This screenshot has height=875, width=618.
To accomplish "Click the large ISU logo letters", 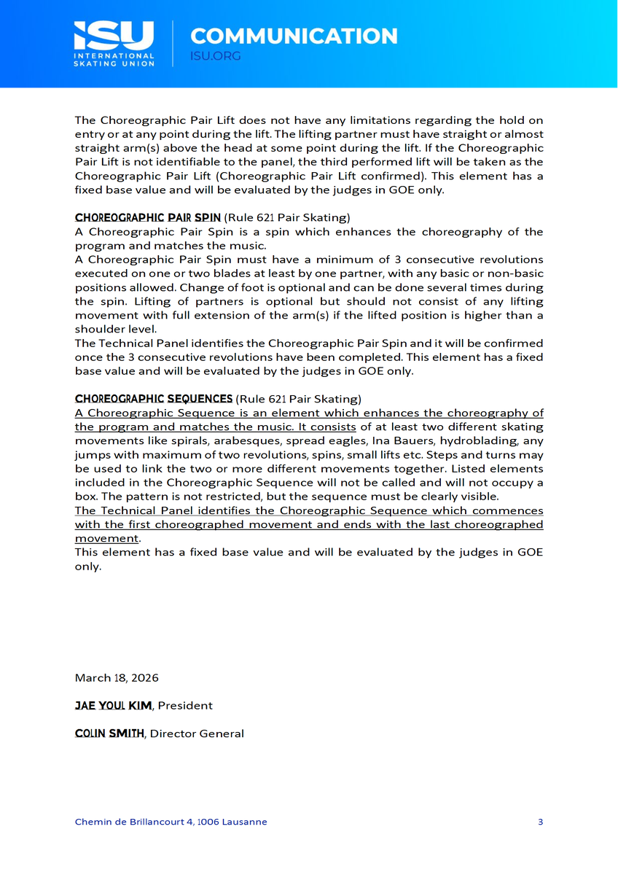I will [x=114, y=34].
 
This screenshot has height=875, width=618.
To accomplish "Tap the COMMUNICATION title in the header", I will [x=294, y=36].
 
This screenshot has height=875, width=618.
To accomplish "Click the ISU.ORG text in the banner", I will [x=215, y=56].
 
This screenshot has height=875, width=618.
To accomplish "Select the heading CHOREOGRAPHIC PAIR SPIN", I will [x=147, y=217].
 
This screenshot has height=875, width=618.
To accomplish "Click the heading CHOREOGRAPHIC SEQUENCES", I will [x=154, y=399].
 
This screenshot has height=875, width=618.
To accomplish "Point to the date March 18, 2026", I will [x=117, y=677].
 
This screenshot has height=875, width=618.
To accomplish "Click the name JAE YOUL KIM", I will [x=113, y=705].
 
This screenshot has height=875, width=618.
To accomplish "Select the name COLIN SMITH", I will [x=109, y=733].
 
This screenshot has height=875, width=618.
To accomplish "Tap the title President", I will [x=185, y=705].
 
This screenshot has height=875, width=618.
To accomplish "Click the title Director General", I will [x=197, y=733].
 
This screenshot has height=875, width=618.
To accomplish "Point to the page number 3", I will [x=540, y=822].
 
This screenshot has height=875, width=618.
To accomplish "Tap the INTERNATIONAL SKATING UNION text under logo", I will [x=114, y=59].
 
